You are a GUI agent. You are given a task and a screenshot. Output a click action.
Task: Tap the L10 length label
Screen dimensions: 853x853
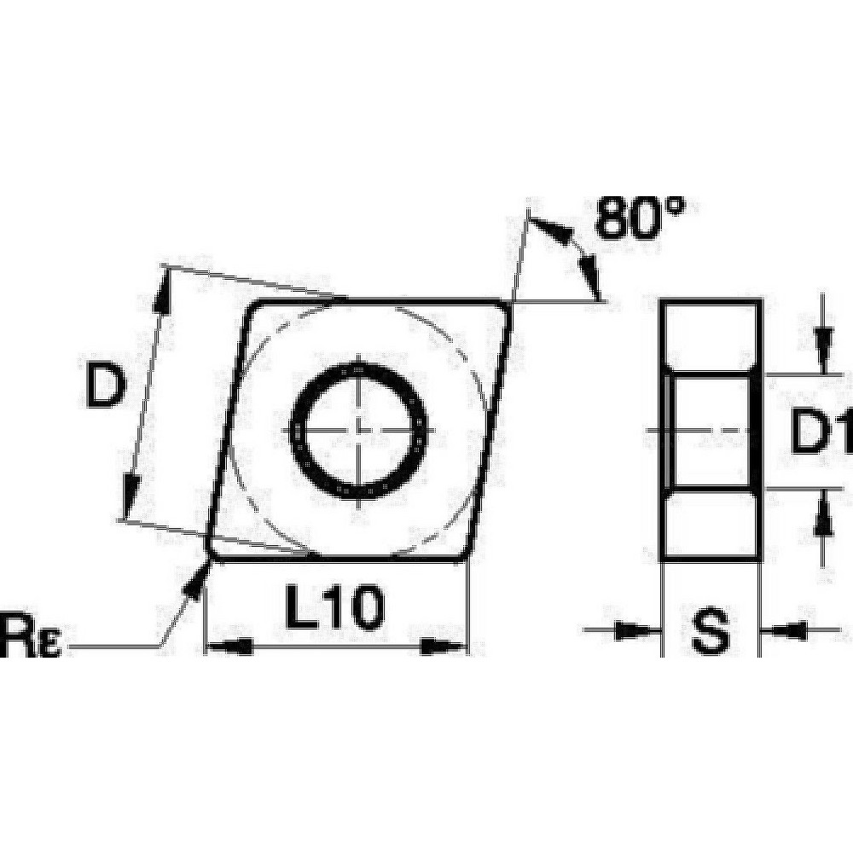pyautogui.click(x=334, y=609)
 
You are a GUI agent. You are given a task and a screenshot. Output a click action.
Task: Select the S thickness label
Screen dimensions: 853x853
pyautogui.click(x=710, y=633)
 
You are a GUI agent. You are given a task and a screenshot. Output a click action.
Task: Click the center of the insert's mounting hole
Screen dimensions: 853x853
pyautogui.click(x=359, y=428)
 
